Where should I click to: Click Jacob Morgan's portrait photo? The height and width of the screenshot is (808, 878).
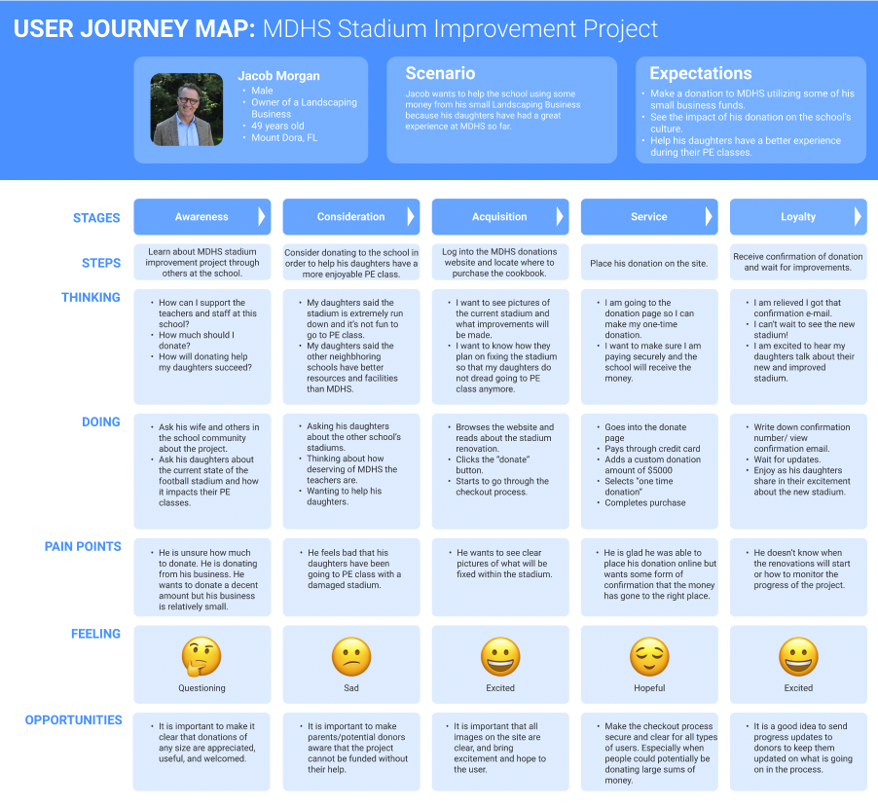(186, 110)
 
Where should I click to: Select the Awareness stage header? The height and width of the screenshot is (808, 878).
(201, 217)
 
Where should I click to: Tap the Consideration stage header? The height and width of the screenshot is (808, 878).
(350, 217)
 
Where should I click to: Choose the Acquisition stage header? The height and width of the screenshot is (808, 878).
(499, 217)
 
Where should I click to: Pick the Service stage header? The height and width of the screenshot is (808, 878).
(648, 217)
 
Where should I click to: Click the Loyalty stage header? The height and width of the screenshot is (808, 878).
(798, 217)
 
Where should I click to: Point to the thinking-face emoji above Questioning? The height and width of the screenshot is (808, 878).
(201, 657)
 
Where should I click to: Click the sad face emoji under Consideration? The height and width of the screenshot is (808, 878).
(350, 657)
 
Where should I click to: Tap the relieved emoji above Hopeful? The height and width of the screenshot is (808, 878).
(649, 657)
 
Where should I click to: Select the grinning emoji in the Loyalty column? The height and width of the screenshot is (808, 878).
(798, 657)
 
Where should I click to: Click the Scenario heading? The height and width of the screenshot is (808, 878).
(440, 74)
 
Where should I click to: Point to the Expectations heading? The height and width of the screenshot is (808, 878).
(700, 74)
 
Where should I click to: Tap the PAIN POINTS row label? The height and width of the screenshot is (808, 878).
(83, 547)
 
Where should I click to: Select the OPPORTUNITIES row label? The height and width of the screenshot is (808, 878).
(74, 720)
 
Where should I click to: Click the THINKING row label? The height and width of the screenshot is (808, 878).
(91, 298)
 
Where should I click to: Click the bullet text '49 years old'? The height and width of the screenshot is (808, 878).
(277, 126)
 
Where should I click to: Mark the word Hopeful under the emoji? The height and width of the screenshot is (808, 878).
(649, 688)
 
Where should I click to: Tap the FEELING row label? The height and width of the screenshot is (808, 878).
(95, 634)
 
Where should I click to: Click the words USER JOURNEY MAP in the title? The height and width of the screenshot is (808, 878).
(134, 29)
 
